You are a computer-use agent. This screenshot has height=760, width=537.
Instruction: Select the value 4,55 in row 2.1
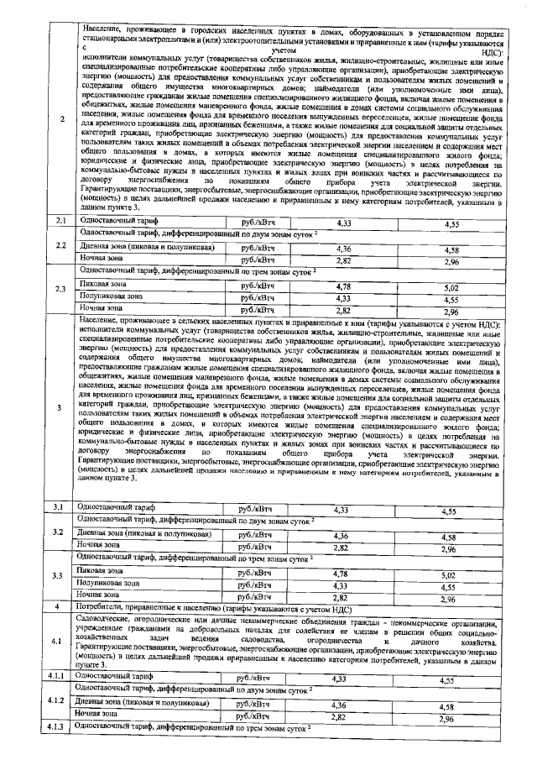pos(452,224)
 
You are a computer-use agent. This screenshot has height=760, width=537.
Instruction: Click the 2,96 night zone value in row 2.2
pos(452,262)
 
